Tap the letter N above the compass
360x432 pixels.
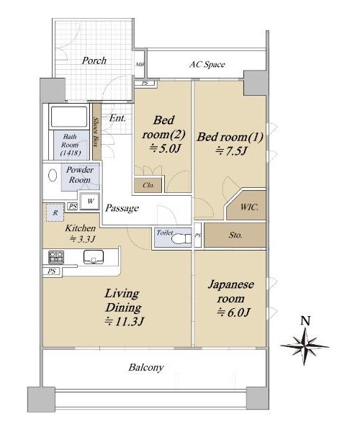[305, 320]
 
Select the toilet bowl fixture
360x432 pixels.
[181, 238]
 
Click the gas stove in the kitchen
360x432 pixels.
[56, 257]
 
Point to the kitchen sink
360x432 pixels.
[94, 257]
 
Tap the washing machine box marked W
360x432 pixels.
[90, 201]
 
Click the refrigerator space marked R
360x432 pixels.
[55, 212]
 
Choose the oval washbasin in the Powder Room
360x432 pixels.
[53, 175]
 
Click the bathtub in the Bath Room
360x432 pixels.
[69, 116]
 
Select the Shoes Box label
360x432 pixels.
[96, 132]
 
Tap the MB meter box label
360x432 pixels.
[140, 65]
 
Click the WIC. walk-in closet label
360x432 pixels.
[249, 207]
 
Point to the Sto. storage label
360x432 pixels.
[235, 235]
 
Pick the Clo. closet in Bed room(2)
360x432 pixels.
[148, 186]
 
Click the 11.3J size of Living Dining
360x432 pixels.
[125, 321]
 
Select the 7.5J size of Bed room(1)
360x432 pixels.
[232, 150]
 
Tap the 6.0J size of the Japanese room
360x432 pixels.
[233, 312]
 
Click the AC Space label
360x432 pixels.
[207, 65]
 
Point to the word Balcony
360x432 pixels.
[146, 367]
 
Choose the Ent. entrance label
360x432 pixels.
[117, 118]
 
